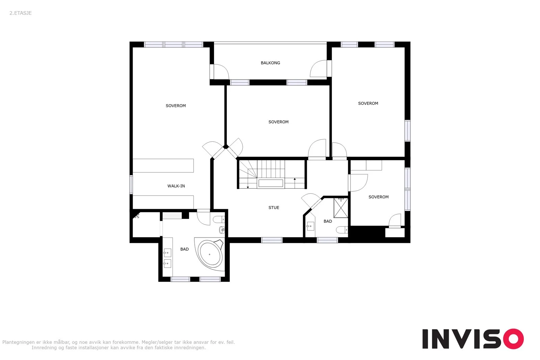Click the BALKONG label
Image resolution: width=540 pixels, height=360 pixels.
[270, 63]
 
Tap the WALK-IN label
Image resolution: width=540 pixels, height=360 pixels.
[176, 186]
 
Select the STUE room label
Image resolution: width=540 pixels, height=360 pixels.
[274, 207]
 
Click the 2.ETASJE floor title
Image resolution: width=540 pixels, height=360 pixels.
[21, 13]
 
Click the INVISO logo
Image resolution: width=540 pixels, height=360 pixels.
[473, 338]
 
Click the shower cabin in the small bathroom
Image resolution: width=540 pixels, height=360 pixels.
[341, 208]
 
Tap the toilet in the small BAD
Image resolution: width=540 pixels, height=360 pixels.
[342, 230]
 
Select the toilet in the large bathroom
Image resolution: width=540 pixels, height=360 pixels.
[219, 220]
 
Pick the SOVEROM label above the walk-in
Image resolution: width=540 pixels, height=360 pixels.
[176, 106]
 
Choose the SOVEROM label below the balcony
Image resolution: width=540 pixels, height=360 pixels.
[278, 122]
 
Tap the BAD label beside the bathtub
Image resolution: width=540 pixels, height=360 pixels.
[184, 249]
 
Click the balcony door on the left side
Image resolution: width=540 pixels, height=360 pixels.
[219, 72]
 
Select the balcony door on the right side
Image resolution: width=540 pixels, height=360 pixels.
[321, 68]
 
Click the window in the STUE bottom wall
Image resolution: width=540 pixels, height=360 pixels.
[272, 240]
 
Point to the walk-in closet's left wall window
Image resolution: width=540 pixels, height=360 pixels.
[131, 185]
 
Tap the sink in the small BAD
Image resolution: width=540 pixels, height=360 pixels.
[310, 226]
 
